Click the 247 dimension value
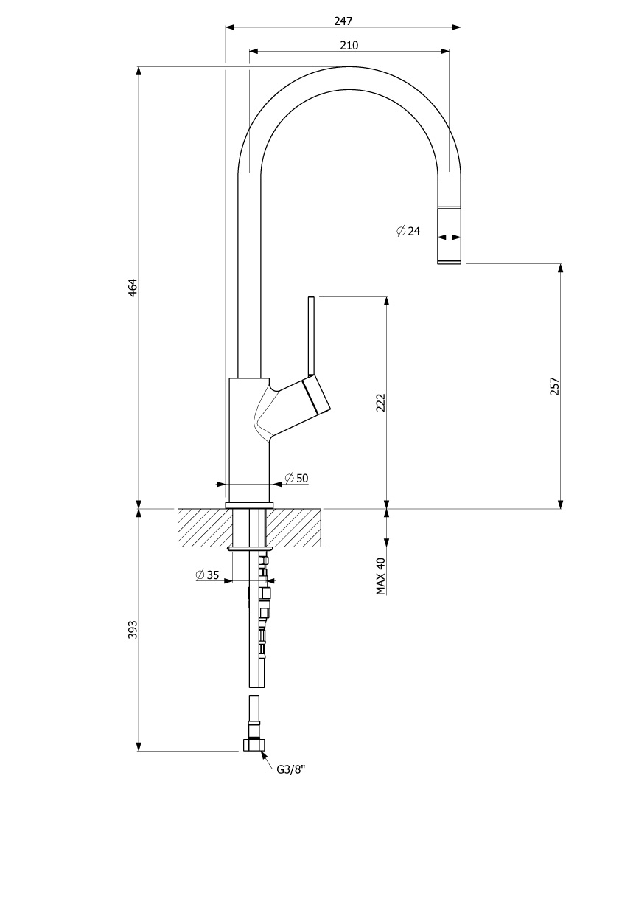[343, 21]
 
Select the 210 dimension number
[349, 45]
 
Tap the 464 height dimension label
[133, 287]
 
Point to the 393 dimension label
[133, 629]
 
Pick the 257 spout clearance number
[555, 386]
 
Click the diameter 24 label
[408, 231]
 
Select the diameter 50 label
[296, 478]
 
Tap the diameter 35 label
[207, 575]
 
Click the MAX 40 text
[380, 576]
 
